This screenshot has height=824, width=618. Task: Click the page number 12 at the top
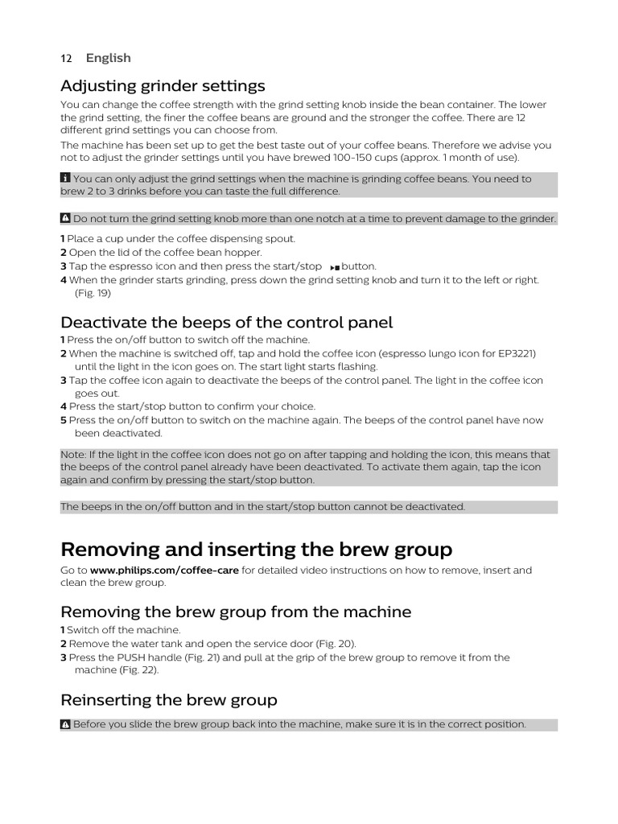(x=66, y=58)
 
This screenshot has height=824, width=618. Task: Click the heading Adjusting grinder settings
(x=163, y=85)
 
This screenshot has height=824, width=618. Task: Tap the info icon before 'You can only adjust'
(x=65, y=179)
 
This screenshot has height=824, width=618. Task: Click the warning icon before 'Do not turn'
(x=65, y=219)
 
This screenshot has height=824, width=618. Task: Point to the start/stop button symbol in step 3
(x=335, y=266)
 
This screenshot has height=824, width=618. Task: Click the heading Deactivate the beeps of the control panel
(x=226, y=323)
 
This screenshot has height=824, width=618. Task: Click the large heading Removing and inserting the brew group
(x=256, y=550)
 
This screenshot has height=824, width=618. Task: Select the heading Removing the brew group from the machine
(x=236, y=612)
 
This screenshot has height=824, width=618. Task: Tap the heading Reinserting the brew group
(x=169, y=699)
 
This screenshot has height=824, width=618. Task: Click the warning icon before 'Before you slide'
(x=65, y=724)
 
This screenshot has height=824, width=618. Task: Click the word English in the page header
(x=108, y=58)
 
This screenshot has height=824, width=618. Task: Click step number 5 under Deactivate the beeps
(x=63, y=420)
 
